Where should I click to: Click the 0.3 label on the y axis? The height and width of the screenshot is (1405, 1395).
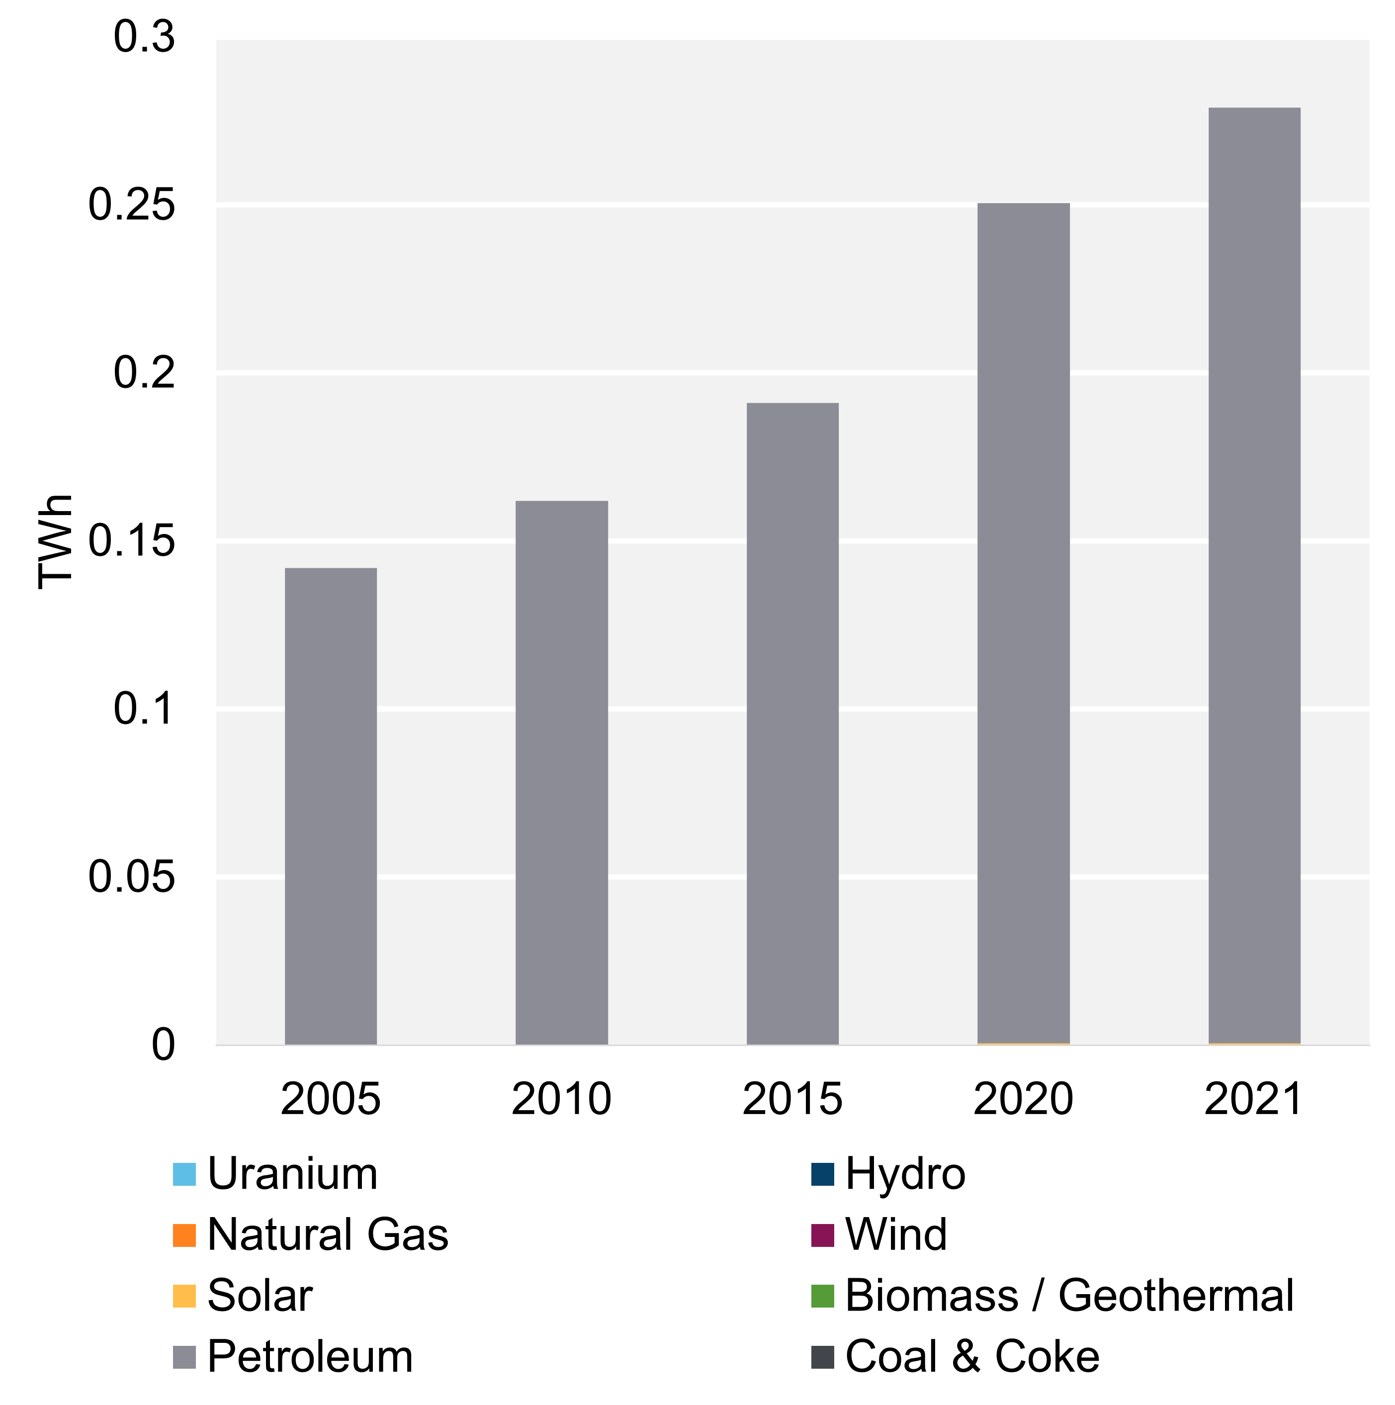pyautogui.click(x=144, y=37)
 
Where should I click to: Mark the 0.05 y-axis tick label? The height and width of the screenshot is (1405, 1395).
pyautogui.click(x=132, y=877)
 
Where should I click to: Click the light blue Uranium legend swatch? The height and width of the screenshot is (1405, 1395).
pyautogui.click(x=184, y=1174)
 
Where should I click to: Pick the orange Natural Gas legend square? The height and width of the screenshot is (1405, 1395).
pyautogui.click(x=184, y=1235)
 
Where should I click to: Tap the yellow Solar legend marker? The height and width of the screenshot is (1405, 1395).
pyautogui.click(x=184, y=1297)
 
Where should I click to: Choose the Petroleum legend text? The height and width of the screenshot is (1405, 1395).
pyautogui.click(x=310, y=1357)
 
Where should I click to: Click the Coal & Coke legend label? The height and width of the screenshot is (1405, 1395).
pyautogui.click(x=972, y=1357)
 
